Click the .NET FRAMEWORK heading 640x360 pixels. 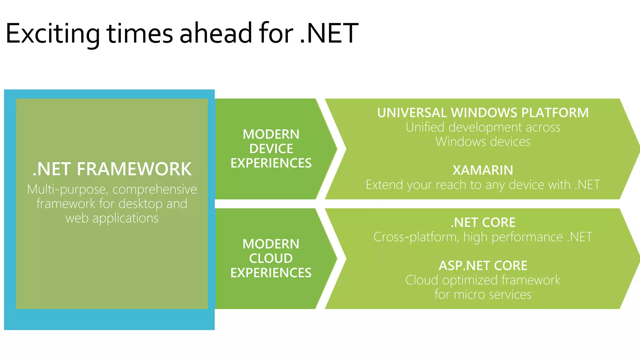click(x=112, y=169)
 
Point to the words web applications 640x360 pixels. click(x=112, y=218)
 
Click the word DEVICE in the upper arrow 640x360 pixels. click(x=271, y=149)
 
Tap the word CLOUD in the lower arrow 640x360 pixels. click(x=271, y=258)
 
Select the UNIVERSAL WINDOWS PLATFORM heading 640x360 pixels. click(x=483, y=113)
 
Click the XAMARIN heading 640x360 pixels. click(x=483, y=170)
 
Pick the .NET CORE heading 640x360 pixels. click(x=483, y=222)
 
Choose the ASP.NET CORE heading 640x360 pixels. click(x=483, y=266)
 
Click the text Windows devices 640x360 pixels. click(x=483, y=142)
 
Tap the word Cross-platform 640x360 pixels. click(x=416, y=237)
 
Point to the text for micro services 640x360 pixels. click(x=483, y=294)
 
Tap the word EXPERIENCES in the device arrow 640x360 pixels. click(x=271, y=163)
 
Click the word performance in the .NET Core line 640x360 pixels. click(x=527, y=237)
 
